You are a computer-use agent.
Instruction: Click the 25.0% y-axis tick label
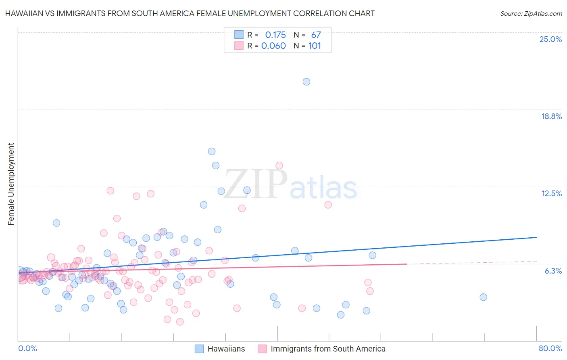point(550,39)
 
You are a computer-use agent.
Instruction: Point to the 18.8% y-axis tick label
point(551,116)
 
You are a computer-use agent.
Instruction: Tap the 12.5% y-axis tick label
point(551,193)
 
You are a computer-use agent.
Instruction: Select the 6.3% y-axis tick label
point(553,271)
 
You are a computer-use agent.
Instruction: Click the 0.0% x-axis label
point(27,348)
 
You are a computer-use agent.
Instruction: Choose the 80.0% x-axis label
point(550,348)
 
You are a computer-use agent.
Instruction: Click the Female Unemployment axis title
point(11,184)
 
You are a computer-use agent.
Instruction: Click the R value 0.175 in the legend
point(275,35)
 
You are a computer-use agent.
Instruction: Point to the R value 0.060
point(273,46)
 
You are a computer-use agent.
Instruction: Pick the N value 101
point(315,46)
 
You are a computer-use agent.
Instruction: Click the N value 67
point(316,35)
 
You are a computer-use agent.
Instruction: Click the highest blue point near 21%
point(306,82)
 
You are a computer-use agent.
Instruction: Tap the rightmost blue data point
point(483,297)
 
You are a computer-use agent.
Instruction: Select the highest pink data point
point(279,165)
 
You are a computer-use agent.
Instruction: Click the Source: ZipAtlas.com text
point(531,13)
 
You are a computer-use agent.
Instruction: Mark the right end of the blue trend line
point(536,237)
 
